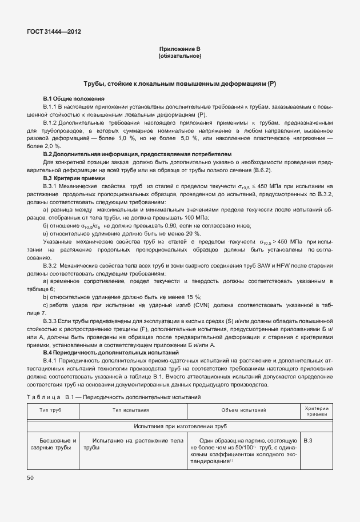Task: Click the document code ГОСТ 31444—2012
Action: (54, 32)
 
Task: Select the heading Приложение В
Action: (179, 50)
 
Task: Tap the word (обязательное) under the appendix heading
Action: (179, 57)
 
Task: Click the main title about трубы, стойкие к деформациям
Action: (179, 83)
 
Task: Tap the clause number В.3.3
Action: (51, 321)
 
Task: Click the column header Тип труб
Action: (51, 410)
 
